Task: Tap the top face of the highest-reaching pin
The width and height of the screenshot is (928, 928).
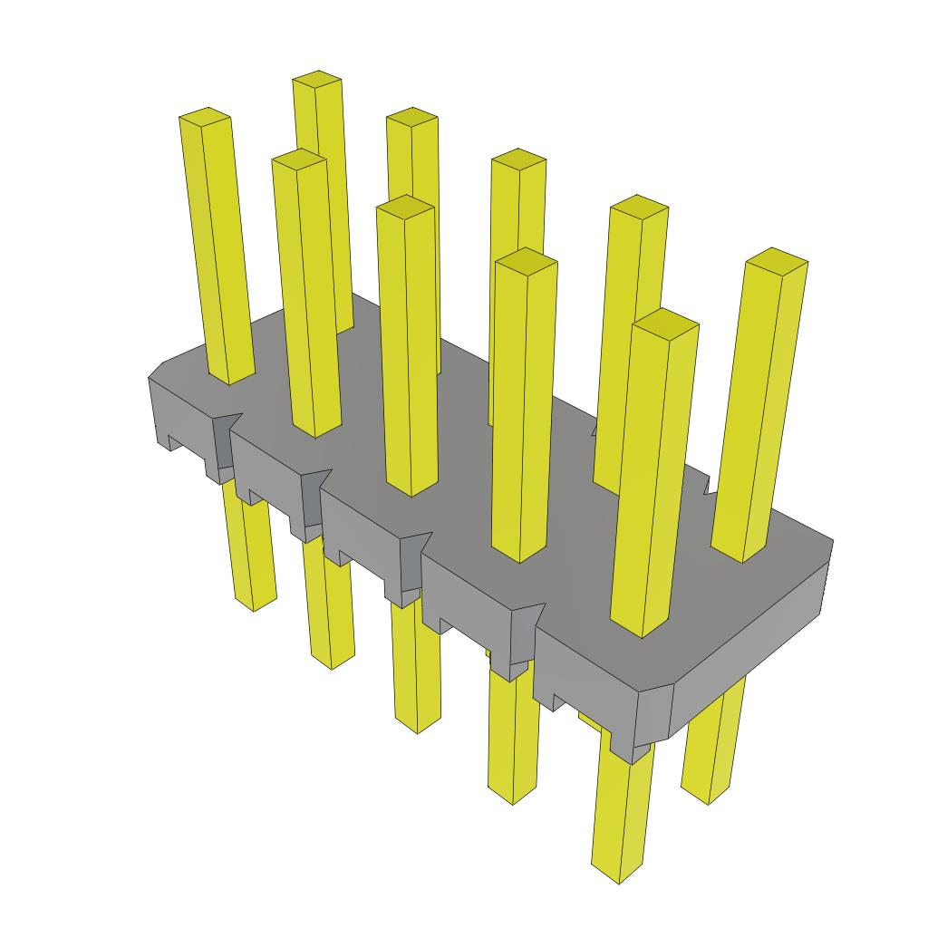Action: pos(317,79)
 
